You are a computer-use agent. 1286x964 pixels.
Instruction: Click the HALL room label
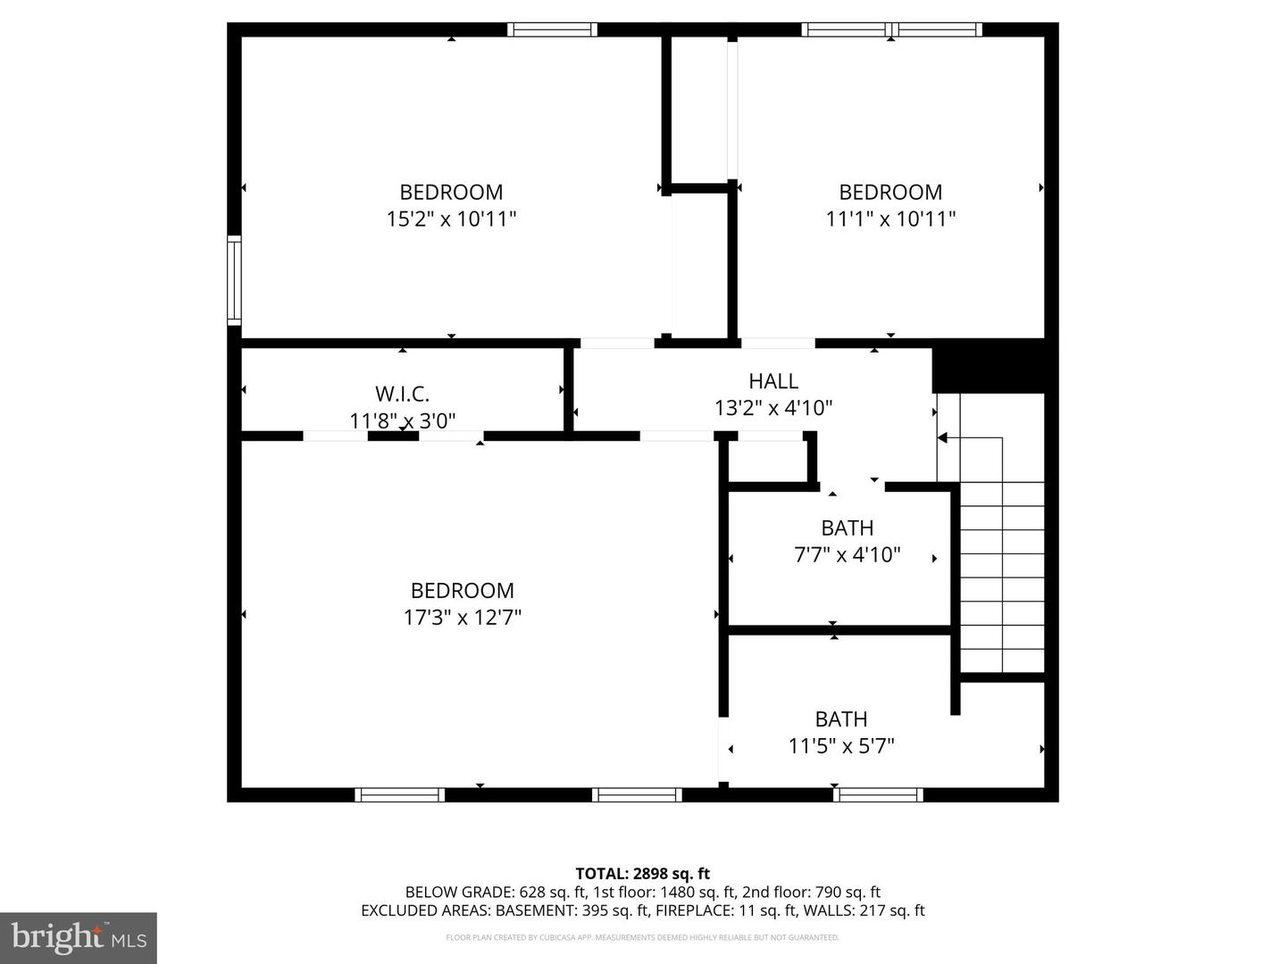click(772, 381)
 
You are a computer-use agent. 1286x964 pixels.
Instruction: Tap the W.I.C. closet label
click(402, 394)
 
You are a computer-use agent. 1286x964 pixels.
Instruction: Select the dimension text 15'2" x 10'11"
click(451, 219)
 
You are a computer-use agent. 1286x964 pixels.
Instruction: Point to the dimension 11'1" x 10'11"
click(890, 219)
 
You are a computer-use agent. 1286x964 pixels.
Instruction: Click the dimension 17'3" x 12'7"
click(462, 617)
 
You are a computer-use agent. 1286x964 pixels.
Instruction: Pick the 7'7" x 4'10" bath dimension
click(847, 554)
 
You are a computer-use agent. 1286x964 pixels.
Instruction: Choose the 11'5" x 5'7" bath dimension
click(840, 745)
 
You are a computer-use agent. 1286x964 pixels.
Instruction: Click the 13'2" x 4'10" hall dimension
click(772, 408)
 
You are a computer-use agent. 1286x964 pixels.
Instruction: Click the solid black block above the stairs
click(988, 366)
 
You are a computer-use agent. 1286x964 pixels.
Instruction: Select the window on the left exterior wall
click(234, 279)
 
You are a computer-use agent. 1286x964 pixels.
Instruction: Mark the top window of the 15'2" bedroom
click(552, 29)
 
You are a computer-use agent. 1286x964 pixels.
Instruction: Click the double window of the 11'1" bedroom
click(891, 29)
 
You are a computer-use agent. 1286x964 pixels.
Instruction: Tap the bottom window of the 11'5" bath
click(878, 794)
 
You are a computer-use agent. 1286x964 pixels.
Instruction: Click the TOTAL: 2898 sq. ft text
click(642, 874)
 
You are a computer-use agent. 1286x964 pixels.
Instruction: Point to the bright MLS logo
click(79, 937)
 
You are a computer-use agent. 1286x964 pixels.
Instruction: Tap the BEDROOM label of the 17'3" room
click(462, 591)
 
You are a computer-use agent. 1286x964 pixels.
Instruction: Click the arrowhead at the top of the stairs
click(942, 437)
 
